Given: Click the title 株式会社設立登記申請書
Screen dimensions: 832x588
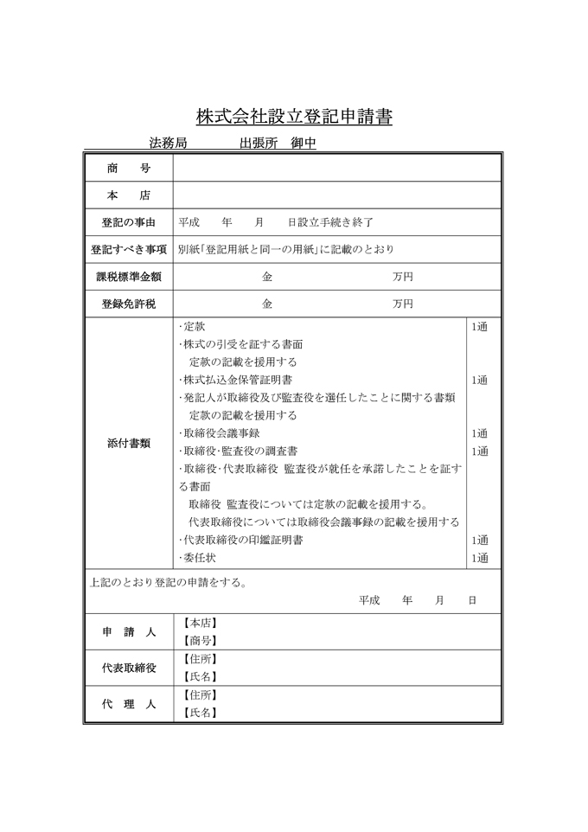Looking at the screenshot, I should pyautogui.click(x=294, y=116).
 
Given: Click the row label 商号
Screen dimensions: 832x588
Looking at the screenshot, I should pyautogui.click(x=128, y=169).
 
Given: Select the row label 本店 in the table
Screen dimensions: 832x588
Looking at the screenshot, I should pyautogui.click(x=128, y=195).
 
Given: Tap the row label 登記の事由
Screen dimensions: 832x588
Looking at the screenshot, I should pyautogui.click(x=128, y=222).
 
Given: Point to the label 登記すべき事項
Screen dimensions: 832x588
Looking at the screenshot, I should pyautogui.click(x=128, y=250).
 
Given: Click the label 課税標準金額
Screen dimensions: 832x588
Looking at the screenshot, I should pyautogui.click(x=128, y=278).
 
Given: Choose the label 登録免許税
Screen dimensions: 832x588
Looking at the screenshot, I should pyautogui.click(x=128, y=304).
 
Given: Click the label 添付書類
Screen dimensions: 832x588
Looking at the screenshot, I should pyautogui.click(x=128, y=443).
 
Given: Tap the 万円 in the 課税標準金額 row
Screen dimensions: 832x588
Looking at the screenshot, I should pyautogui.click(x=402, y=278).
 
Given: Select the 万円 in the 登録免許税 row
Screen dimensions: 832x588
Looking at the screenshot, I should pyautogui.click(x=402, y=304).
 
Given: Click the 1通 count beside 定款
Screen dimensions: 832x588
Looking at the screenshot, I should pyautogui.click(x=480, y=327).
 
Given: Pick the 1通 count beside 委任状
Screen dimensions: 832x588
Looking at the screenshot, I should pyautogui.click(x=480, y=558).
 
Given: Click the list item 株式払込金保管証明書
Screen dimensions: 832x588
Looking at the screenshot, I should pyautogui.click(x=236, y=380).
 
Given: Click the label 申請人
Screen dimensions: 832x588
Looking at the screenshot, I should pyautogui.click(x=128, y=632).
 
